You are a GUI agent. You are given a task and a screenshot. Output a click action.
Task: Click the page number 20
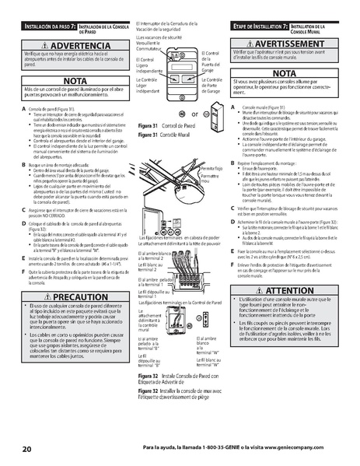pyautogui.click(x=27, y=449)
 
